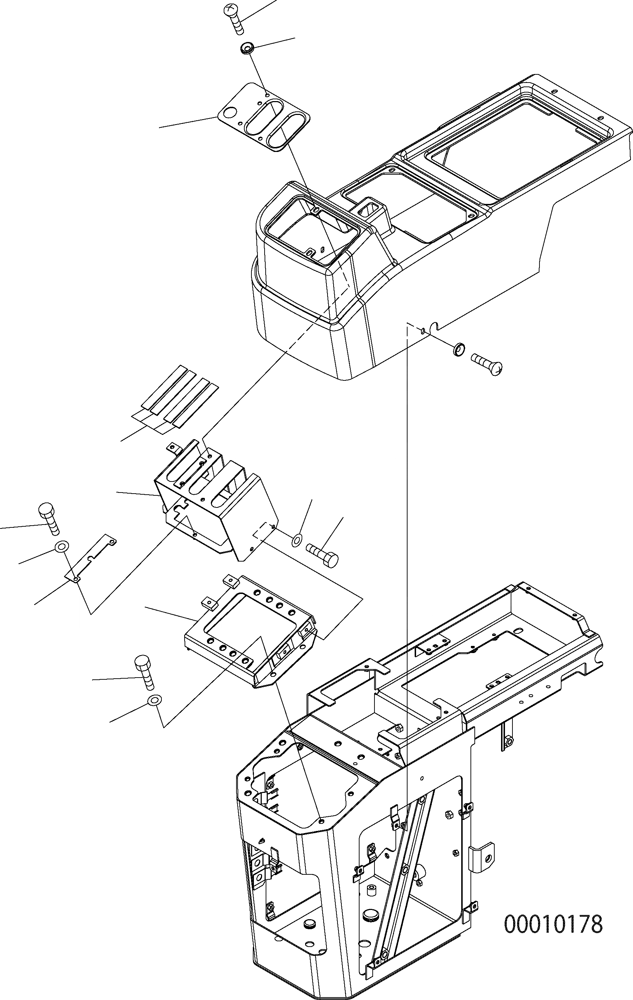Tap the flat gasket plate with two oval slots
(x=265, y=117)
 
